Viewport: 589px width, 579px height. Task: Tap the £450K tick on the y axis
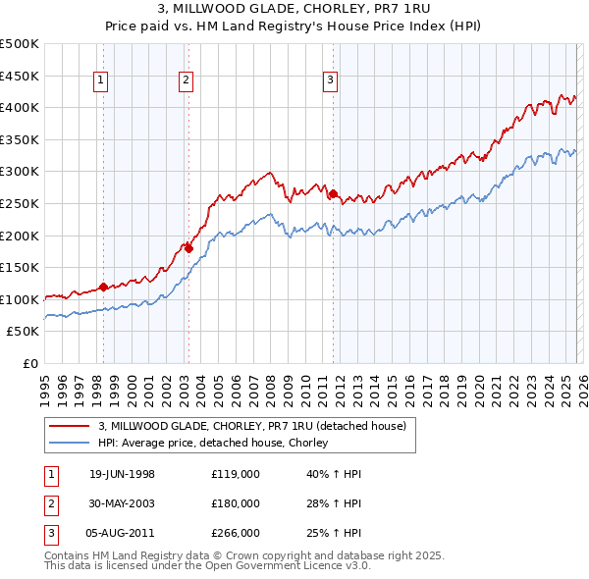coord(20,76)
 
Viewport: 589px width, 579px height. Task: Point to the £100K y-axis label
coord(20,299)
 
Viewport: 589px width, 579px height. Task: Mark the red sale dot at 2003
coord(188,248)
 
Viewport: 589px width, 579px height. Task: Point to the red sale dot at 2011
coord(333,193)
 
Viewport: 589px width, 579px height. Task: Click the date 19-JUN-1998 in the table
coord(122,474)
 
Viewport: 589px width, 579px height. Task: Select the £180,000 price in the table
coord(236,503)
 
